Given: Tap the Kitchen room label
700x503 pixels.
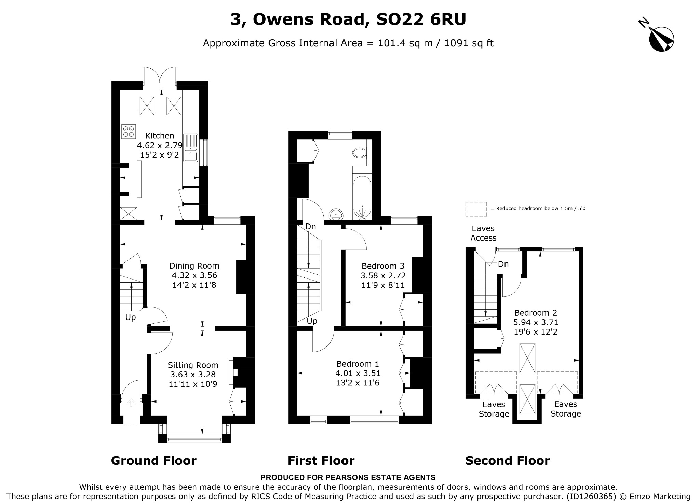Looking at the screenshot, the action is click(160, 136).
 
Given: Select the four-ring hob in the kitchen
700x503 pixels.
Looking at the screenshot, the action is click(129, 132).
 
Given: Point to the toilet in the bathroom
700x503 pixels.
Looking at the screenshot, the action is click(359, 152).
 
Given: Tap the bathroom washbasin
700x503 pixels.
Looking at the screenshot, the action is click(336, 215).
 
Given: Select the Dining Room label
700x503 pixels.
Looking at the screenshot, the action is click(194, 266).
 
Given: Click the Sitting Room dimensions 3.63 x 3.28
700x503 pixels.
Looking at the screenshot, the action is click(193, 375).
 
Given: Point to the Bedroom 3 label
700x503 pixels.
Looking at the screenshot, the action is click(383, 266).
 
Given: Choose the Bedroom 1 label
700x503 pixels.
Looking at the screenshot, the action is click(358, 364).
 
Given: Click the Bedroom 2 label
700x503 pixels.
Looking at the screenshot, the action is click(536, 313).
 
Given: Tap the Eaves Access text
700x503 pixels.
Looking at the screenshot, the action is click(483, 233).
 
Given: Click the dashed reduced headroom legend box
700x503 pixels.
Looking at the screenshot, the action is click(476, 209).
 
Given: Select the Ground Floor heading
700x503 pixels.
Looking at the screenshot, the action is click(154, 461).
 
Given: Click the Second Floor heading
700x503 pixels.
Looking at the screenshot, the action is click(508, 461).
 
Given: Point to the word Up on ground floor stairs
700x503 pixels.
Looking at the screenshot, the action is click(131, 317).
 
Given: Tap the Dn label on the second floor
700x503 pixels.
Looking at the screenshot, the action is click(503, 264).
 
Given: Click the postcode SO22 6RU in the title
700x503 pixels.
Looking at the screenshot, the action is click(421, 19).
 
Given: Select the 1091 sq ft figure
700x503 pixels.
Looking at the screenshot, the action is click(469, 43).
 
